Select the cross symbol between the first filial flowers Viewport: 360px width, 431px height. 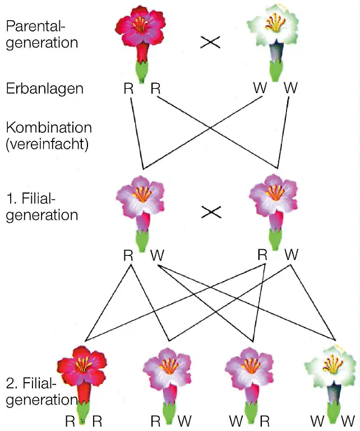click(210, 212)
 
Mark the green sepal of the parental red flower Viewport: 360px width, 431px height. click(144, 72)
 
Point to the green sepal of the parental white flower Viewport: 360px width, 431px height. click(276, 71)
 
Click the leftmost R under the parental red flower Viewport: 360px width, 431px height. click(128, 88)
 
